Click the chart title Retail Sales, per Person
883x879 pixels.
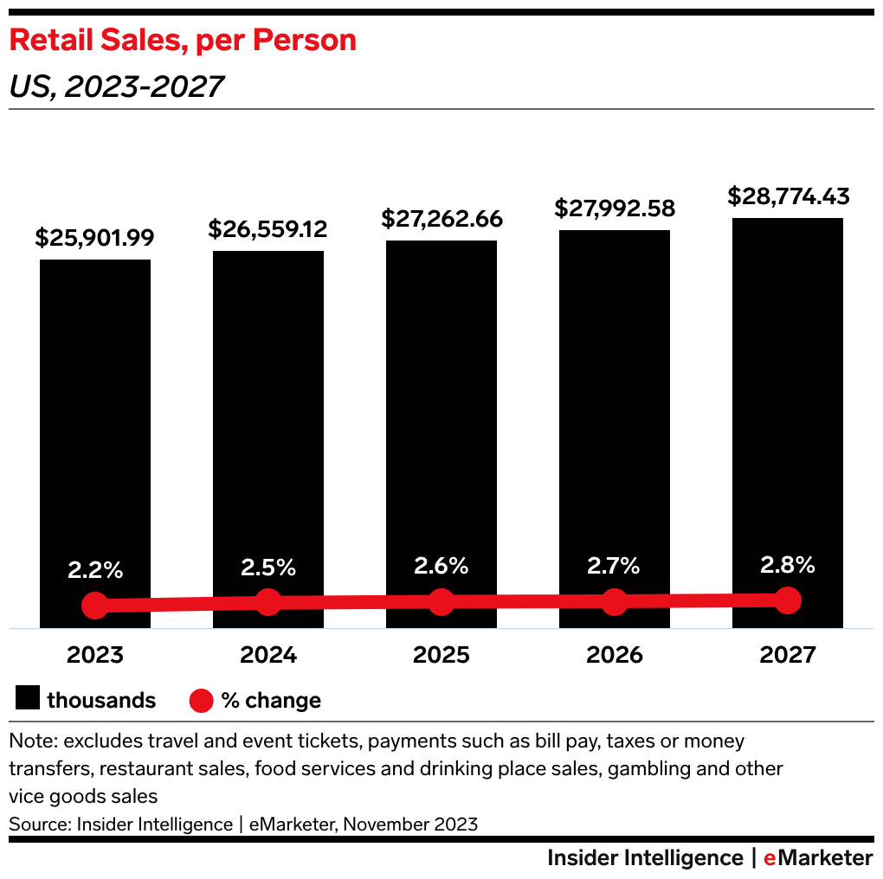pos(182,41)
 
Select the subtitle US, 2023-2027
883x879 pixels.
pos(116,87)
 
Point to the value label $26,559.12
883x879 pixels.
pos(267,228)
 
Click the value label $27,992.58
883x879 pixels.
pos(614,209)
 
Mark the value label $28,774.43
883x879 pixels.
pos(788,196)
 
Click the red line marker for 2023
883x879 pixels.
pos(95,606)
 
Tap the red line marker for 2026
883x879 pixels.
pos(614,601)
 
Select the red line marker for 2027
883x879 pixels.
pos(787,600)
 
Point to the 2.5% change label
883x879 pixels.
pos(268,568)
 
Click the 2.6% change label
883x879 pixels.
pos(441,566)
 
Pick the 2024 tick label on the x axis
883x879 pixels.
pos(268,655)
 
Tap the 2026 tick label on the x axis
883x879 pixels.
pos(614,655)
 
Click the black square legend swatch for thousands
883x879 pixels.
pos(28,700)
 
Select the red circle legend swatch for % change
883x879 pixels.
pos(201,700)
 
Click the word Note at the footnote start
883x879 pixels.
pos(31,741)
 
